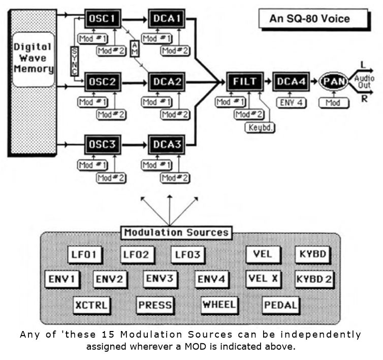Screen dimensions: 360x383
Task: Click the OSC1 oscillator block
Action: coord(103,19)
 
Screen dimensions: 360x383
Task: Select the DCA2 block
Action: coord(167,81)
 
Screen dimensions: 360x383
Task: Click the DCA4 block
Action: coord(290,81)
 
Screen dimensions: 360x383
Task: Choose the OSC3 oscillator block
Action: coord(103,145)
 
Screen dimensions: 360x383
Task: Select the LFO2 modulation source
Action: coord(135,254)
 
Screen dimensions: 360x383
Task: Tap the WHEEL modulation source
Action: coord(219,304)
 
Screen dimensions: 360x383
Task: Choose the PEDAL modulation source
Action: coord(281,305)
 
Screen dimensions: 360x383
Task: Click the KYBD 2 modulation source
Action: coord(314,279)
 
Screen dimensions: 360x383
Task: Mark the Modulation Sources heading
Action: coord(176,233)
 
